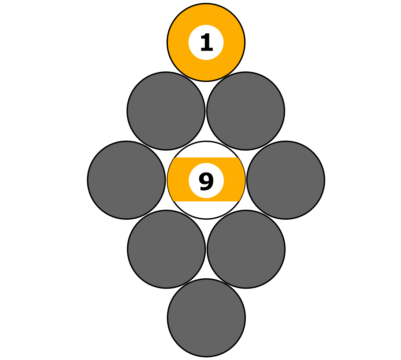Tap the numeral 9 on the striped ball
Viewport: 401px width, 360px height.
(206, 181)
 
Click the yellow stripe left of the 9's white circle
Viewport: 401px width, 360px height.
(179, 180)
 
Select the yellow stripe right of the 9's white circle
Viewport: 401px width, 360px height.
(234, 180)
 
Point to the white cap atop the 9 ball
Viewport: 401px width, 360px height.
(206, 150)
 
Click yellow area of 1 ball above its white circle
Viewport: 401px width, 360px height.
(206, 15)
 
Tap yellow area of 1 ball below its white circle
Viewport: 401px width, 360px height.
(206, 70)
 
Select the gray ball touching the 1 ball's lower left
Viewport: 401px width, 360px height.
(166, 111)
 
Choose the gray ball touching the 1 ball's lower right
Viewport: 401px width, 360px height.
(246, 111)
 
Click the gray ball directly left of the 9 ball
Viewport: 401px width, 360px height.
(126, 180)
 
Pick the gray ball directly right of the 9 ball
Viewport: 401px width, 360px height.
(286, 180)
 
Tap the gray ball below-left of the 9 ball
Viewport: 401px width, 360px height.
(166, 249)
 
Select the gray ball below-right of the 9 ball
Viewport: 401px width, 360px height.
(246, 249)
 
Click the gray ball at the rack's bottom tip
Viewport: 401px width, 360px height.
(206, 318)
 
